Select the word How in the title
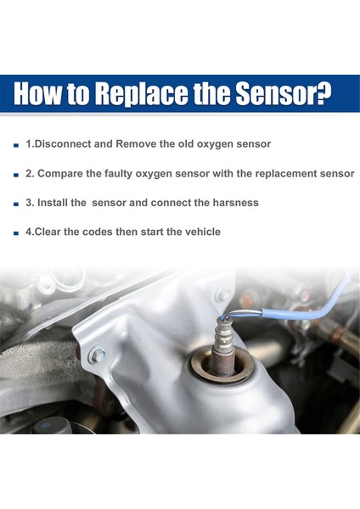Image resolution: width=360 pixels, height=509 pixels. coord(37,93)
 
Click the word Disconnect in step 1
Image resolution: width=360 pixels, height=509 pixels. coord(62,144)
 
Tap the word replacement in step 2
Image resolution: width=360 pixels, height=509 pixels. coord(286,173)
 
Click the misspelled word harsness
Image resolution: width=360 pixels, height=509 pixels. coord(235,203)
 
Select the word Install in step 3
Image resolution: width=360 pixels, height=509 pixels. coord(53,203)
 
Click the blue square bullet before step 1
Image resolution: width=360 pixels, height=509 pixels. coord(16,145)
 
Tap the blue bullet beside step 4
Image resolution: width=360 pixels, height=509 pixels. coord(16,233)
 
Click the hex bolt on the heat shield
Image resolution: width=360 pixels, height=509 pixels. coord(98,354)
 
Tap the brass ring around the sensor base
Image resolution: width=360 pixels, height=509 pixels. coord(222,365)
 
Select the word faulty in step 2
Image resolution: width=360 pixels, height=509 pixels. coord(118,174)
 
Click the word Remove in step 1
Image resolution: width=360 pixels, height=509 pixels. coord(136,144)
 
